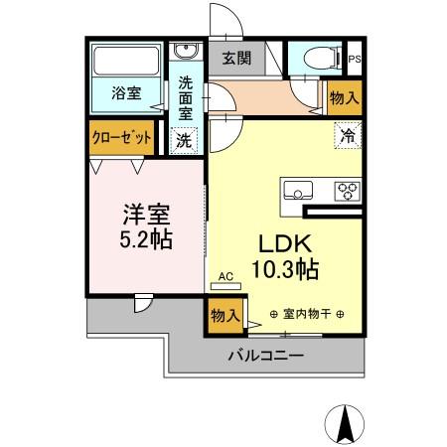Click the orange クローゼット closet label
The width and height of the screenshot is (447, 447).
coord(121,138)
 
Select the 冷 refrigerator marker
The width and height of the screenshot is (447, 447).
coord(348,133)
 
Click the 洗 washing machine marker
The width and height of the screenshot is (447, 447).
coord(185,140)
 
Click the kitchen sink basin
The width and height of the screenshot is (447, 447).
coord(299,189)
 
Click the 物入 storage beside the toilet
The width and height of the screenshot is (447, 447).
coord(344,96)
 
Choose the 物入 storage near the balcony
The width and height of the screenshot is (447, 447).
coord(225,316)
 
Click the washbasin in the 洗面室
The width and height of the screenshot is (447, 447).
coord(185,52)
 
